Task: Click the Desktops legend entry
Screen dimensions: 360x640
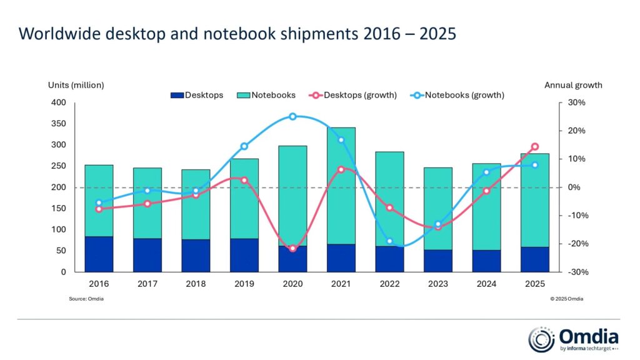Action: [x=196, y=96]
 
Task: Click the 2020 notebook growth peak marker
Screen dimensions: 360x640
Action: [x=292, y=116]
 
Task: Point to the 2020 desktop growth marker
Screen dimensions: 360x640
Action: [x=292, y=249]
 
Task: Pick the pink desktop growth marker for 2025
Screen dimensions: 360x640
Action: [x=535, y=147]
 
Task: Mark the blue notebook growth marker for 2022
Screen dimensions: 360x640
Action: [x=389, y=241]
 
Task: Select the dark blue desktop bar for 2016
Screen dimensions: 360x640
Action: [x=99, y=254]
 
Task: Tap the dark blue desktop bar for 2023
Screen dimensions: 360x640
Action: [x=438, y=261]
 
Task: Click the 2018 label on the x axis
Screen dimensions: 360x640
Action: [x=196, y=284]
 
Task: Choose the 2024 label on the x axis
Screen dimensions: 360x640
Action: [x=486, y=284]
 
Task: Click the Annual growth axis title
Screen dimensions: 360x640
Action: [x=573, y=85]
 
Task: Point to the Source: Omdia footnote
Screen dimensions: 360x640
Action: [x=86, y=299]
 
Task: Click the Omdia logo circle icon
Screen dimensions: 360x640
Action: [x=541, y=339]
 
